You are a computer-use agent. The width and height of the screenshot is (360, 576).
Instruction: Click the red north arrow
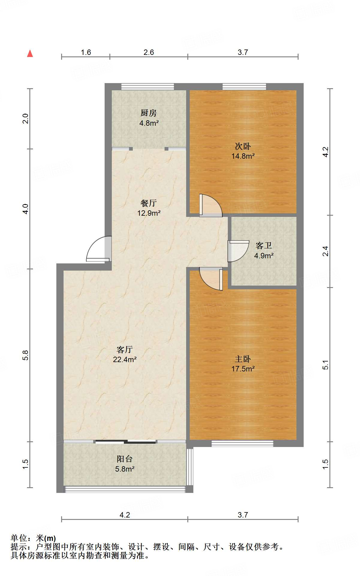(x=30, y=53)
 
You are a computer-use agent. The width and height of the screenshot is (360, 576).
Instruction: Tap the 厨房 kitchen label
(x=149, y=113)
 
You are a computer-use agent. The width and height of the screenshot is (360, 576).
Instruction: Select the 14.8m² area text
(x=243, y=156)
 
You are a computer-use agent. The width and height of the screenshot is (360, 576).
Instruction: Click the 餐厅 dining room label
(x=149, y=203)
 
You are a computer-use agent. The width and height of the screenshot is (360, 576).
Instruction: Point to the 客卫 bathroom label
(x=264, y=246)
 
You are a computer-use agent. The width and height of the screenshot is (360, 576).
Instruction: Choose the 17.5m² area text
(x=243, y=369)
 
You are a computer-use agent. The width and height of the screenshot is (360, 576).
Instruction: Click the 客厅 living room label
(x=125, y=349)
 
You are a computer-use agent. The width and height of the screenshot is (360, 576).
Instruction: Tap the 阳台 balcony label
(x=125, y=459)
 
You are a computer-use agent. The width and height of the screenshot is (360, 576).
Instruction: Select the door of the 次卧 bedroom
(x=211, y=205)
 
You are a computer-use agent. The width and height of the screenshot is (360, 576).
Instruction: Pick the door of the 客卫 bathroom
(x=238, y=251)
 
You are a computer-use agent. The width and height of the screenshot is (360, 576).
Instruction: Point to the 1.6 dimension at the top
(x=86, y=52)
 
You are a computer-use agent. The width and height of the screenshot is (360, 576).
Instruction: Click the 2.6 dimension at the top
(x=149, y=52)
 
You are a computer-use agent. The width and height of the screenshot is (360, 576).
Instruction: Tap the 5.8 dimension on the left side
(x=25, y=355)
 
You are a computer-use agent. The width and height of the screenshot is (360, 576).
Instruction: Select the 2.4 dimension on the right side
(x=326, y=251)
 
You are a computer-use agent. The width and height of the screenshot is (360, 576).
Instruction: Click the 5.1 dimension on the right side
(x=326, y=364)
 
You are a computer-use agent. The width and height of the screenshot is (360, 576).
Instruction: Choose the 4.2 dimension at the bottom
(x=125, y=515)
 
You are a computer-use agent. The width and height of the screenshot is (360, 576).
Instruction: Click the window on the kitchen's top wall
(x=147, y=87)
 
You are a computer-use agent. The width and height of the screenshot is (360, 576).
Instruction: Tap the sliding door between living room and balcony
(x=125, y=442)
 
